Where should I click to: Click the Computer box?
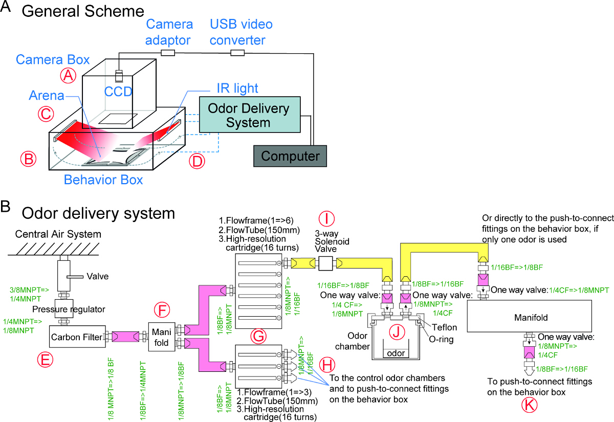click(289, 156)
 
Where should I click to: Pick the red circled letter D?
click(196, 162)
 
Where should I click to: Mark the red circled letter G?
click(259, 336)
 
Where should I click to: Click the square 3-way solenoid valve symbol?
click(326, 263)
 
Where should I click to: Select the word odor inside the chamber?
click(396, 354)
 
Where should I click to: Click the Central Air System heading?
click(58, 235)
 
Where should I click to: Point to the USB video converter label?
click(242, 32)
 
